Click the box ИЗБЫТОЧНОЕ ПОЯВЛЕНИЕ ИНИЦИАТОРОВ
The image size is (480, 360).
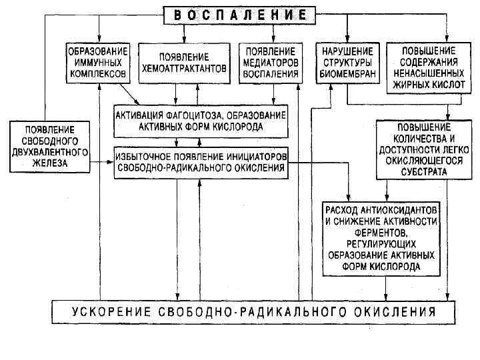pyautogui.click(x=201, y=162)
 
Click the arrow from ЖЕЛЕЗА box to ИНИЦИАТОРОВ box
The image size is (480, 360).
pyautogui.click(x=100, y=161)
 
